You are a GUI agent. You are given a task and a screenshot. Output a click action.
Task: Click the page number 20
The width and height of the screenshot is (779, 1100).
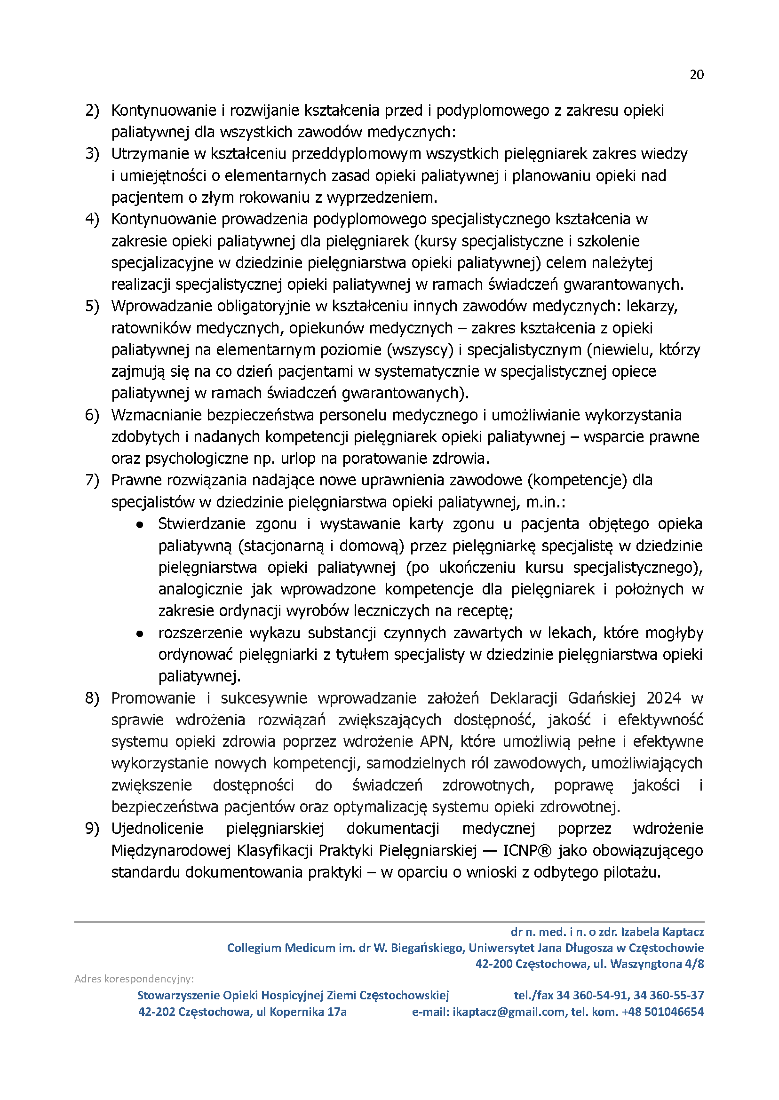click(697, 75)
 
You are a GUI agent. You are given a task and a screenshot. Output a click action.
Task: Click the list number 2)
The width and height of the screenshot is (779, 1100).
click(92, 111)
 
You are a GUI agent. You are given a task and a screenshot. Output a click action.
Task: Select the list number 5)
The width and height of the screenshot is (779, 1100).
click(92, 306)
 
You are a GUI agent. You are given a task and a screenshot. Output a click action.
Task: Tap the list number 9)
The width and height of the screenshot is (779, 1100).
click(92, 829)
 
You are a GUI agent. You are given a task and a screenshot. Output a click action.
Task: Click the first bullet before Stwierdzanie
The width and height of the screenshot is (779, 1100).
click(140, 525)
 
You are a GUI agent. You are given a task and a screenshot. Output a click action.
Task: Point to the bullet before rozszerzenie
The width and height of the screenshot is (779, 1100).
click(140, 634)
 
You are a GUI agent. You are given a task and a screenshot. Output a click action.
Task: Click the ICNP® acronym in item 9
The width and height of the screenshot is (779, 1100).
click(527, 851)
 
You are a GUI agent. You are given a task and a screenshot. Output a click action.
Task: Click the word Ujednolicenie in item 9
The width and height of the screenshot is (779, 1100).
click(157, 829)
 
